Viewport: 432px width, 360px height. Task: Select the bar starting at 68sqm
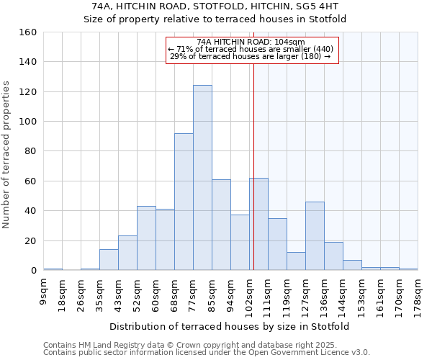point(184,202)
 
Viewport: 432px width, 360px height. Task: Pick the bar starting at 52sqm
point(146,238)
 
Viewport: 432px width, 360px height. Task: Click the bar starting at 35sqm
point(109,260)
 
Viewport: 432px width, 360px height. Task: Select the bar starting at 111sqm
point(277,244)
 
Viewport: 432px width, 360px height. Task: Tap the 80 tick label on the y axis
point(30,151)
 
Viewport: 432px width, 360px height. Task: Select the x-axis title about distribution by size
point(230,326)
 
